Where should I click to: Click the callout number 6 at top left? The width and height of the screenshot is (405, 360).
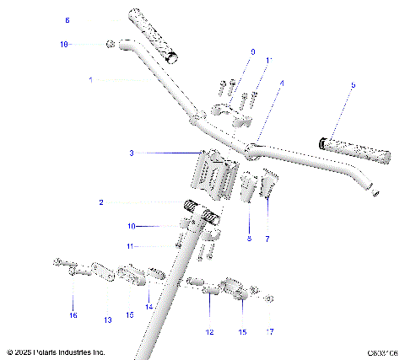(x=67, y=19)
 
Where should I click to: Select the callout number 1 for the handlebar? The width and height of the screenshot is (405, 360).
(x=90, y=79)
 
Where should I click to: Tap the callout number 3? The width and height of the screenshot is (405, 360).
(x=132, y=153)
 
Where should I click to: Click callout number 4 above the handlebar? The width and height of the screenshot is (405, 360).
(x=282, y=83)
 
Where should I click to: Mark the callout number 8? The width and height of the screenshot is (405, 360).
(x=249, y=239)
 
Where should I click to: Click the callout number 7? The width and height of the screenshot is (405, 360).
(x=267, y=239)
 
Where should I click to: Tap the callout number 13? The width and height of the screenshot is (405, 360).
(x=107, y=320)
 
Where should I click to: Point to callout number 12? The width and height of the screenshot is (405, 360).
(x=209, y=331)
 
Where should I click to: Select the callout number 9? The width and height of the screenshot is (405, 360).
(x=251, y=51)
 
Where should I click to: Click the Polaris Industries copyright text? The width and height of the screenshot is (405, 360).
(x=56, y=352)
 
